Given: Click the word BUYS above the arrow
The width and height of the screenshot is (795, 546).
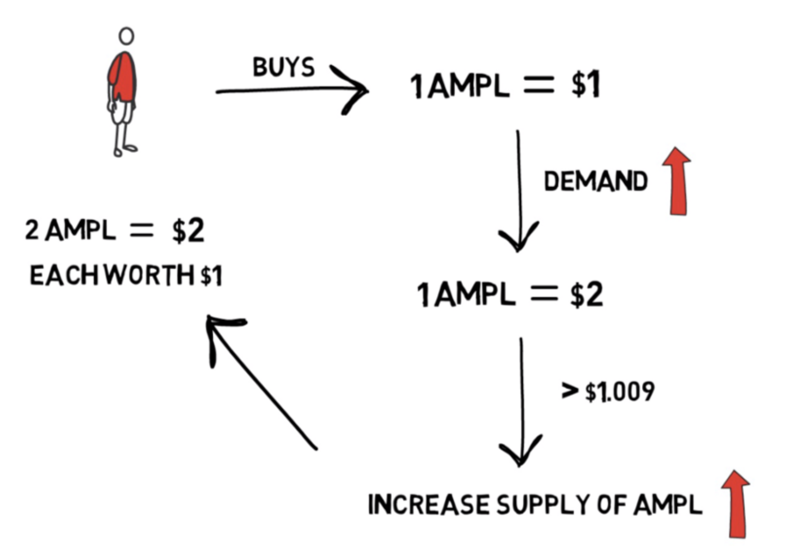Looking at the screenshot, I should pos(284,67).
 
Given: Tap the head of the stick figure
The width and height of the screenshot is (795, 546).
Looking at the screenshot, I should pos(126,36).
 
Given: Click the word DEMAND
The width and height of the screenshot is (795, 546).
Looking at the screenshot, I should pos(596,181).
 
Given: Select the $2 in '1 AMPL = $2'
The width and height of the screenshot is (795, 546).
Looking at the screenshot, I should pos(586,295).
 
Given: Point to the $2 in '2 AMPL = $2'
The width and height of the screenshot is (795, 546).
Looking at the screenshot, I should pos(188,231).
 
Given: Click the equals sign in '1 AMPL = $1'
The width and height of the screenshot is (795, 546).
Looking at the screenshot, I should pos(539,85).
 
